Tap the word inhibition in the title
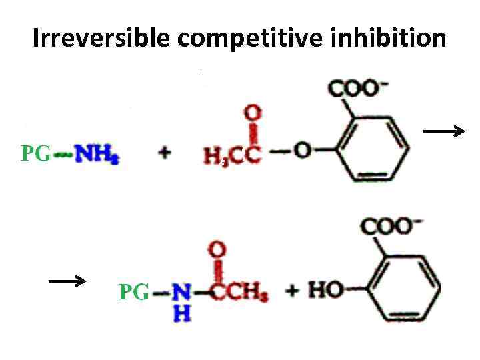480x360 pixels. point(388,38)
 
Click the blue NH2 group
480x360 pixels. point(97,155)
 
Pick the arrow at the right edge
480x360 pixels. point(444,132)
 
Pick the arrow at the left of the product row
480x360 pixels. point(67,281)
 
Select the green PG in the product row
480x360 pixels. point(134,292)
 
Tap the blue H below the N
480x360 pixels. point(180,314)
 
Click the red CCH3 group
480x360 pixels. point(241,293)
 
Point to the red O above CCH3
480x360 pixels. point(218,251)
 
